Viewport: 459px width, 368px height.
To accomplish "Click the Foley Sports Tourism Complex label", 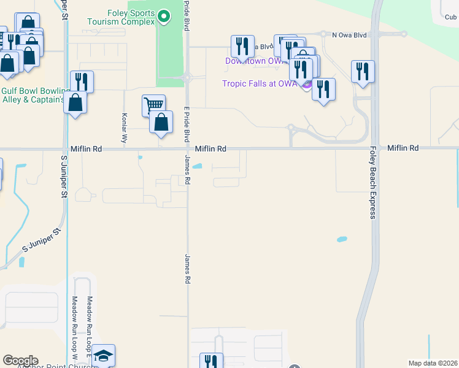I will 121,17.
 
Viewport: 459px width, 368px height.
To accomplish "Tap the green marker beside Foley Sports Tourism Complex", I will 163,17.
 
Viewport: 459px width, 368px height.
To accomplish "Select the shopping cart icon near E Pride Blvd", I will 153,105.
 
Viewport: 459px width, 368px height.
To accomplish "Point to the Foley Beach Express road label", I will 372,182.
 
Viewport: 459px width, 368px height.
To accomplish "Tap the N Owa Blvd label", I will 349,35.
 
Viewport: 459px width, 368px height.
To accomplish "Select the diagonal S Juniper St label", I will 42,240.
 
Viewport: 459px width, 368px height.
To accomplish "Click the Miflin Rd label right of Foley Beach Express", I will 403,148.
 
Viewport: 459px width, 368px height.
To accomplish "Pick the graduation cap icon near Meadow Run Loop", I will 104,356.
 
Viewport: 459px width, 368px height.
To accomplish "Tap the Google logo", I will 20,361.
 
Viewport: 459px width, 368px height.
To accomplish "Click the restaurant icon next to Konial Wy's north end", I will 81,81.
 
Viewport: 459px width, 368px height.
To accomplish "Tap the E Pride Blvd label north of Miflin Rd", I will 186,126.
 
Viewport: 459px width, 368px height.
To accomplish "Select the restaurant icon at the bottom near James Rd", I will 211,361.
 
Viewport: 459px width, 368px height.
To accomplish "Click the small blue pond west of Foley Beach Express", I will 342,238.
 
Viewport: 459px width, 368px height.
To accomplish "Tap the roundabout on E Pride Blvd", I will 187,77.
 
